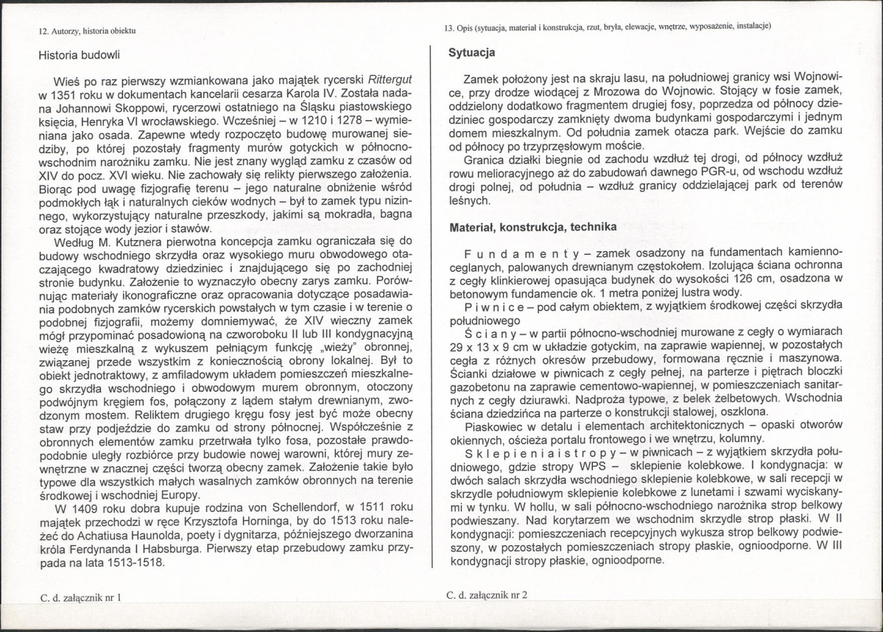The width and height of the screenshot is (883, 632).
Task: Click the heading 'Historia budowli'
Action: [81, 55]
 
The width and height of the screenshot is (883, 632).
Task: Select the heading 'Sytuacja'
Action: [472, 53]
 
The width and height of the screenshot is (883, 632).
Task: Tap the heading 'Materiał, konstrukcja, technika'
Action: [533, 228]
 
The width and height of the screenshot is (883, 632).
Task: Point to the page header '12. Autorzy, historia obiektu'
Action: [87, 31]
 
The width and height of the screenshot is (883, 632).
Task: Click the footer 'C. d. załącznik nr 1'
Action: [80, 598]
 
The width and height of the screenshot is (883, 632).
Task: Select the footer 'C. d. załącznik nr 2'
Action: [488, 595]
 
